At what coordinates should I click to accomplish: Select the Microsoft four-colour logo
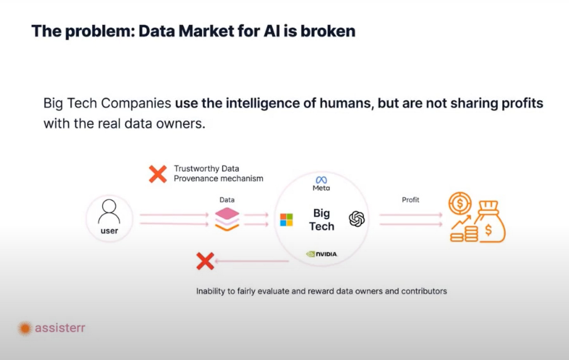[x=286, y=220]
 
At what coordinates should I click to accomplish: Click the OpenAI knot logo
[x=357, y=219]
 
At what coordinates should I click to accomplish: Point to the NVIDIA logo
[x=322, y=254]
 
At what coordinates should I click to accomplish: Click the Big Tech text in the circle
[x=322, y=220]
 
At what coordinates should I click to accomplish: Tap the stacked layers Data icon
[x=227, y=219]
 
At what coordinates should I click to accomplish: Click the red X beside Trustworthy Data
[x=158, y=174]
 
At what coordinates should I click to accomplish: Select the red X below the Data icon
[x=205, y=261]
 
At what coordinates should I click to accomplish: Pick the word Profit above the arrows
[x=410, y=200]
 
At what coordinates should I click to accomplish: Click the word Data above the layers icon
[x=227, y=200]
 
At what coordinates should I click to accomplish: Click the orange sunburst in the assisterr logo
[x=25, y=328]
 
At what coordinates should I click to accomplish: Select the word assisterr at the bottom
[x=60, y=328]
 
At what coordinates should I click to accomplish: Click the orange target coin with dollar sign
[x=460, y=203]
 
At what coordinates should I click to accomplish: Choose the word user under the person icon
[x=109, y=231]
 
